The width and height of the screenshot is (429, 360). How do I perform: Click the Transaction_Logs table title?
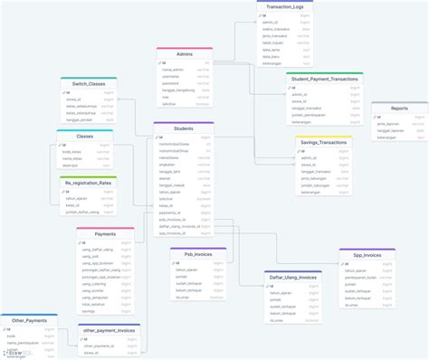(286, 6)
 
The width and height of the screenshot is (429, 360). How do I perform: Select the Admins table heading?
(184, 53)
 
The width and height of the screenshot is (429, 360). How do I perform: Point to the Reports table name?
(399, 109)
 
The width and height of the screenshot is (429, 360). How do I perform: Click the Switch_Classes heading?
(89, 82)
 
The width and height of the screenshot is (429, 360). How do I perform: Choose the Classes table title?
(85, 136)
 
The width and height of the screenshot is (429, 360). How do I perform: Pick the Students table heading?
(183, 128)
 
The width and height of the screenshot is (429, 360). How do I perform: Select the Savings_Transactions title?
(323, 142)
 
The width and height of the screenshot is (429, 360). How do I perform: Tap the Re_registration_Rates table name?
(88, 182)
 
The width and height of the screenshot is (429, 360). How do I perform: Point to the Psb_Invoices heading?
(197, 254)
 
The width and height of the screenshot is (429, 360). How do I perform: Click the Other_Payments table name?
(29, 320)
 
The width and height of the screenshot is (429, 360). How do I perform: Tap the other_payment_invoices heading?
(109, 330)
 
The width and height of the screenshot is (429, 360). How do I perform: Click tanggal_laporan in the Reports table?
(390, 129)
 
